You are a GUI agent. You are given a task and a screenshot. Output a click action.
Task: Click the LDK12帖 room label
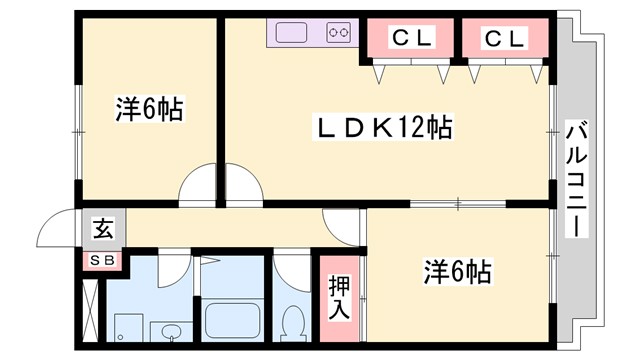tap(385, 127)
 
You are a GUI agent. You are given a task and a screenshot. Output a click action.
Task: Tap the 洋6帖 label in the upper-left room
tap(148, 109)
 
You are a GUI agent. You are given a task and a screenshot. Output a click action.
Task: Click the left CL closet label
tap(411, 39)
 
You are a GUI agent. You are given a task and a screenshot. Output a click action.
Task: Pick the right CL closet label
tap(504, 39)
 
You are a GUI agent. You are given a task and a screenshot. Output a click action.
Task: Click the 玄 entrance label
tap(103, 229)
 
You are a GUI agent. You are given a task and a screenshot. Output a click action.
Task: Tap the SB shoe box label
tap(103, 261)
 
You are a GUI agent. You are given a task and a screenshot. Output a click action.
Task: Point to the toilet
tap(293, 322)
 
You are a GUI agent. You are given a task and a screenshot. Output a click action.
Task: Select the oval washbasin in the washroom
tap(167, 331)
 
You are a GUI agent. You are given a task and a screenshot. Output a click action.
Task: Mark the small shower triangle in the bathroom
tap(207, 261)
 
